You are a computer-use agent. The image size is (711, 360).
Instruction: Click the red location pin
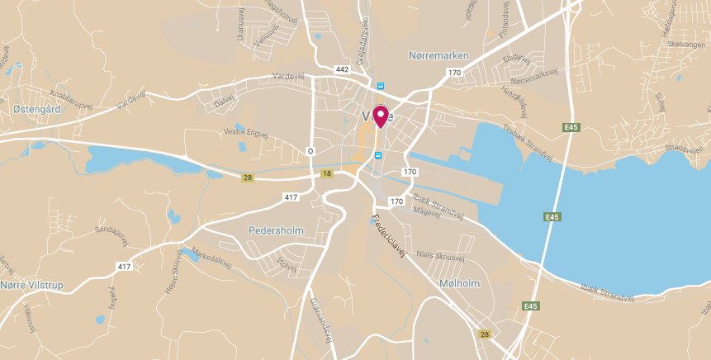[x=381, y=116]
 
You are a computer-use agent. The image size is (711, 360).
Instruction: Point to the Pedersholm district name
[x=277, y=230]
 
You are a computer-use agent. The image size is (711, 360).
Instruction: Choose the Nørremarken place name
[x=438, y=55]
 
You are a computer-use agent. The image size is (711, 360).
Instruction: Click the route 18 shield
[x=328, y=173]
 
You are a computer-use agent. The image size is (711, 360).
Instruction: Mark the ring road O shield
[x=310, y=150]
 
